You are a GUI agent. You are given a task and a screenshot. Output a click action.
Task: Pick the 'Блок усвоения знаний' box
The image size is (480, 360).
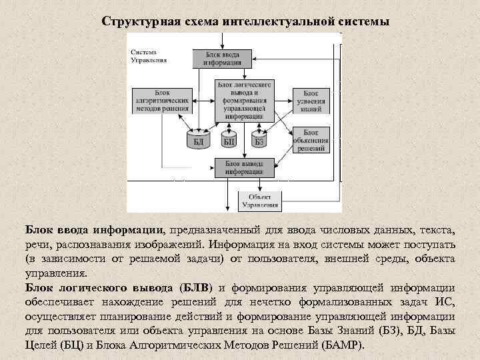pyautogui.click(x=310, y=101)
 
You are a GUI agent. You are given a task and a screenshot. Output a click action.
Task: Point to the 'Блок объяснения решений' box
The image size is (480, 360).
pyautogui.click(x=311, y=141)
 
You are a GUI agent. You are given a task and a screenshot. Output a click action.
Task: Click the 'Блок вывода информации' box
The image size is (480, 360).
pyautogui.click(x=243, y=167)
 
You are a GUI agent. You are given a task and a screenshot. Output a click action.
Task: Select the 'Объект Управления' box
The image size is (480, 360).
pyautogui.click(x=260, y=200)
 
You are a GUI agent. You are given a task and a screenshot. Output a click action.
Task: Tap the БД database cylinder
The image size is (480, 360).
pyautogui.click(x=198, y=139)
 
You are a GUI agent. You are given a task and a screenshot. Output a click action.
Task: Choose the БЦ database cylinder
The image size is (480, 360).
pyautogui.click(x=229, y=139)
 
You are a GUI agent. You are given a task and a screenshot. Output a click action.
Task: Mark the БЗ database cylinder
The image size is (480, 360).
pyautogui.click(x=259, y=139)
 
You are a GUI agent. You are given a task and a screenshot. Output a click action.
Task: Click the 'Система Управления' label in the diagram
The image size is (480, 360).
pyautogui.click(x=149, y=55)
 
